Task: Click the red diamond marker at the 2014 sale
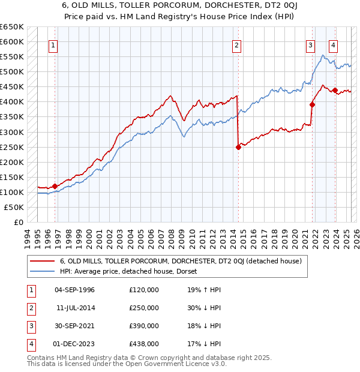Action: pos(238,147)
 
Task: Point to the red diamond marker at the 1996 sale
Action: pos(55,186)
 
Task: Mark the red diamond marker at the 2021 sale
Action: pos(313,104)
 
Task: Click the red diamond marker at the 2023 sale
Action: pos(335,91)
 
